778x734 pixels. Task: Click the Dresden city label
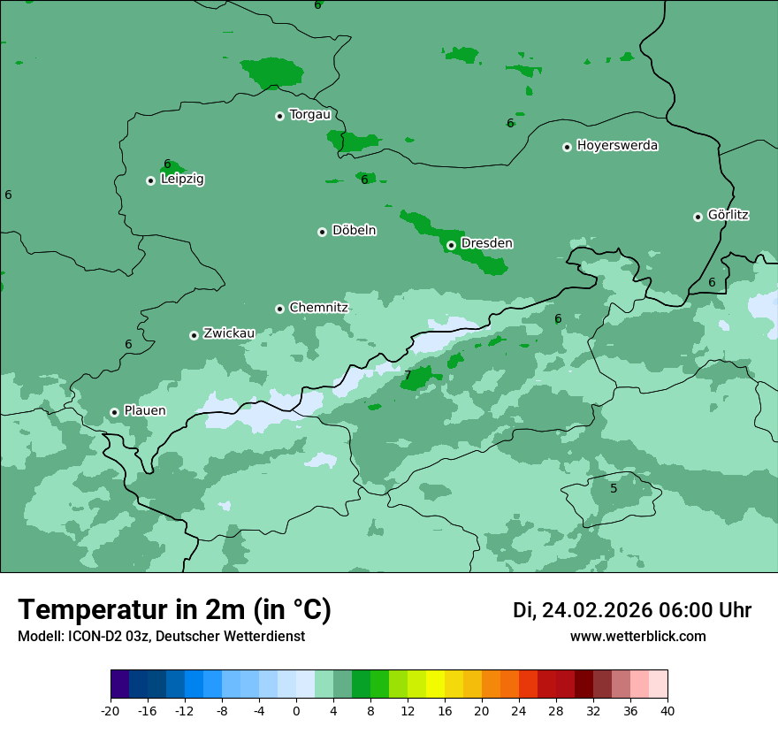tap(486, 243)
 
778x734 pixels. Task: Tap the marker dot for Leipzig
tap(150, 180)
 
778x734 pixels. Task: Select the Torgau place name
tap(309, 115)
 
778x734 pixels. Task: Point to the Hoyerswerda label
tap(617, 146)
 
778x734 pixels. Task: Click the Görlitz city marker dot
tap(698, 217)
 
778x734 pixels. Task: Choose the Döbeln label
tap(354, 231)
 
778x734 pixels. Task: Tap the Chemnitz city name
tap(318, 308)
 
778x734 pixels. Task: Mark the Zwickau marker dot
tap(194, 335)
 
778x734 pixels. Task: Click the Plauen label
tap(144, 411)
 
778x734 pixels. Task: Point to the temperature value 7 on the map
tap(408, 376)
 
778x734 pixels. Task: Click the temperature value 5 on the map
tap(614, 488)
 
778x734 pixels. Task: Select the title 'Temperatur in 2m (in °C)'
tap(175, 610)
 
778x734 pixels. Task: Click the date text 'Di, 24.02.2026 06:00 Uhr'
tap(632, 610)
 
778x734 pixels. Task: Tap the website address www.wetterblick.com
tap(637, 637)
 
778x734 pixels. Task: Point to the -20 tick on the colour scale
tap(111, 711)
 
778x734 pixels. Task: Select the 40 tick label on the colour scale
tap(667, 711)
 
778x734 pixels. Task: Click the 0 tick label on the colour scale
tap(296, 711)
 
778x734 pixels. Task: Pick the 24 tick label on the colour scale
tap(519, 711)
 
